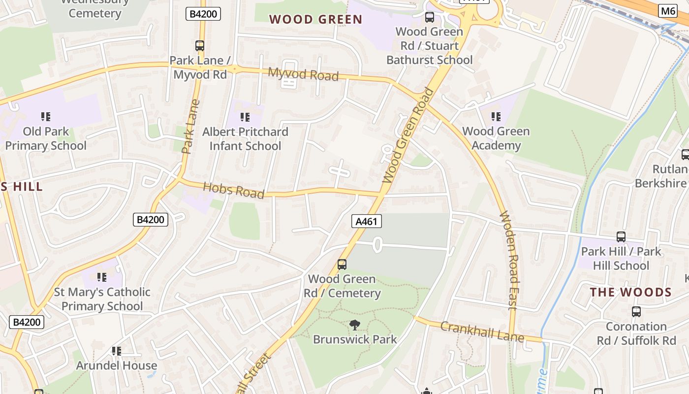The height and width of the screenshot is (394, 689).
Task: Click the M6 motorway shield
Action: (667, 11)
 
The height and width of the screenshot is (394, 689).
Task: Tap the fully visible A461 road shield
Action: (367, 221)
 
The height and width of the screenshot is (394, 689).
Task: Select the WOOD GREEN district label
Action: (315, 20)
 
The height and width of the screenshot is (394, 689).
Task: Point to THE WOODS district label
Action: (630, 292)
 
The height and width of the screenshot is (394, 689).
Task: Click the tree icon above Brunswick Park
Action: (354, 325)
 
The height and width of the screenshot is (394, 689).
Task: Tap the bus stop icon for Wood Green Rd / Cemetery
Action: (342, 264)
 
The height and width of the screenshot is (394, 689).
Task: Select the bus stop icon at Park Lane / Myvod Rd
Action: (200, 46)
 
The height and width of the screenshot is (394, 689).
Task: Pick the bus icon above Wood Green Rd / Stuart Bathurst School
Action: (430, 17)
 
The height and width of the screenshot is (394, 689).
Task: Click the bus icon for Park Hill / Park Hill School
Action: (621, 237)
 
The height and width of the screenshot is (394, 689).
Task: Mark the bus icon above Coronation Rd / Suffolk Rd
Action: (636, 312)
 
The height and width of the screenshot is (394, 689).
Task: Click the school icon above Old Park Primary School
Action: (46, 117)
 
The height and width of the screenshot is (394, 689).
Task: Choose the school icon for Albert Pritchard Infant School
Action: (245, 117)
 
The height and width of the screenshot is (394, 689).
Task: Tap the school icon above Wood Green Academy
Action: (496, 117)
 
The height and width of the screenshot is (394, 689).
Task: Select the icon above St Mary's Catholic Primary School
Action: (102, 277)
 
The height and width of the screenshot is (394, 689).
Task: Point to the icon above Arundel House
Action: (117, 351)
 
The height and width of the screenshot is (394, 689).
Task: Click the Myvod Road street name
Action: (303, 74)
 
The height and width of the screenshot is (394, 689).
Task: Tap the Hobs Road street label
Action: (233, 190)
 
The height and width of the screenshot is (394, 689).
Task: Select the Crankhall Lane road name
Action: (482, 331)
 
